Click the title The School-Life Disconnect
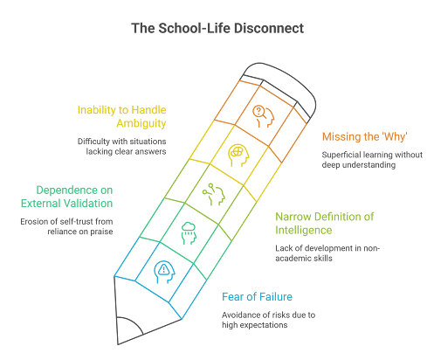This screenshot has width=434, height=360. point(217,29)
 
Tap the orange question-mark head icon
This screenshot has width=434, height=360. point(264,116)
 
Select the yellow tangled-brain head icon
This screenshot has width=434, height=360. point(238,155)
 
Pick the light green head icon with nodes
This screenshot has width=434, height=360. point(214,194)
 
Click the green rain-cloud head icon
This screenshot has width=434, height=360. point(189,233)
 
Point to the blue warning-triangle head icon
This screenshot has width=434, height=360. point(165,272)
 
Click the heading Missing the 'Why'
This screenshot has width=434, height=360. point(364,136)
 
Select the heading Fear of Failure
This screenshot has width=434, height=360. point(257,297)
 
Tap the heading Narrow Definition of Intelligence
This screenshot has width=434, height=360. point(325,224)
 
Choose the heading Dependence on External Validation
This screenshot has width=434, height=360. point(66,197)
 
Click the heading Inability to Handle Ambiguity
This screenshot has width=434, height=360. point(121,116)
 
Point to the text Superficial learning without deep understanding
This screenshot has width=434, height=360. point(372,160)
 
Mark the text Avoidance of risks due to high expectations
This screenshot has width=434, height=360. point(268,320)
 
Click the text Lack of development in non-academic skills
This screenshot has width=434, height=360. point(327,253)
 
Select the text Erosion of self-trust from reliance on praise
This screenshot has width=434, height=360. point(66,226)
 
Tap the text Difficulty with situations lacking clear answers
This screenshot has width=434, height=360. point(121,146)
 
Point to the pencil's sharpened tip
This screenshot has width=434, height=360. point(119,343)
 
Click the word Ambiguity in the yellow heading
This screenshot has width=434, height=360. point(141,123)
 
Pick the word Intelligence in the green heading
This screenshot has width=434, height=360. point(304,230)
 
